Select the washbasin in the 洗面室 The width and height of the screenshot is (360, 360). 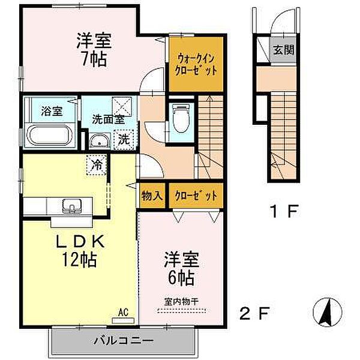point(100,140)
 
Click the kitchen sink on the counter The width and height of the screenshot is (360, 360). point(73,205)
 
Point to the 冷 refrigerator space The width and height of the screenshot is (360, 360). point(97,165)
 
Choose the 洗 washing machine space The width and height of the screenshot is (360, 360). point(124,140)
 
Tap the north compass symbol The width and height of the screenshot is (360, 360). point(328,312)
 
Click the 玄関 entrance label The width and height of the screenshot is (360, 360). point(284,50)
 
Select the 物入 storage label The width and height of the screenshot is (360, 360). point(152,196)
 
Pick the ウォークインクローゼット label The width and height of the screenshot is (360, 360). point(196,65)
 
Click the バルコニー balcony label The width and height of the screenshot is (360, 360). point(124,340)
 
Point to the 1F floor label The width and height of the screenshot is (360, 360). point(284,211)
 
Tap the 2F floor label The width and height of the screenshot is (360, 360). point(254,313)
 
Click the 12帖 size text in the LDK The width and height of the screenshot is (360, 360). point(80,259)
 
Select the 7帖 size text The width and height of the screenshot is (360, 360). point(94,59)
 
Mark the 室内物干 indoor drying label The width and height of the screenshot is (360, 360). point(181,302)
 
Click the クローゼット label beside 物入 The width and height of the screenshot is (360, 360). point(196,196)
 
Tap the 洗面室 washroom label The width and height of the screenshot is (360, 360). point(109,119)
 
